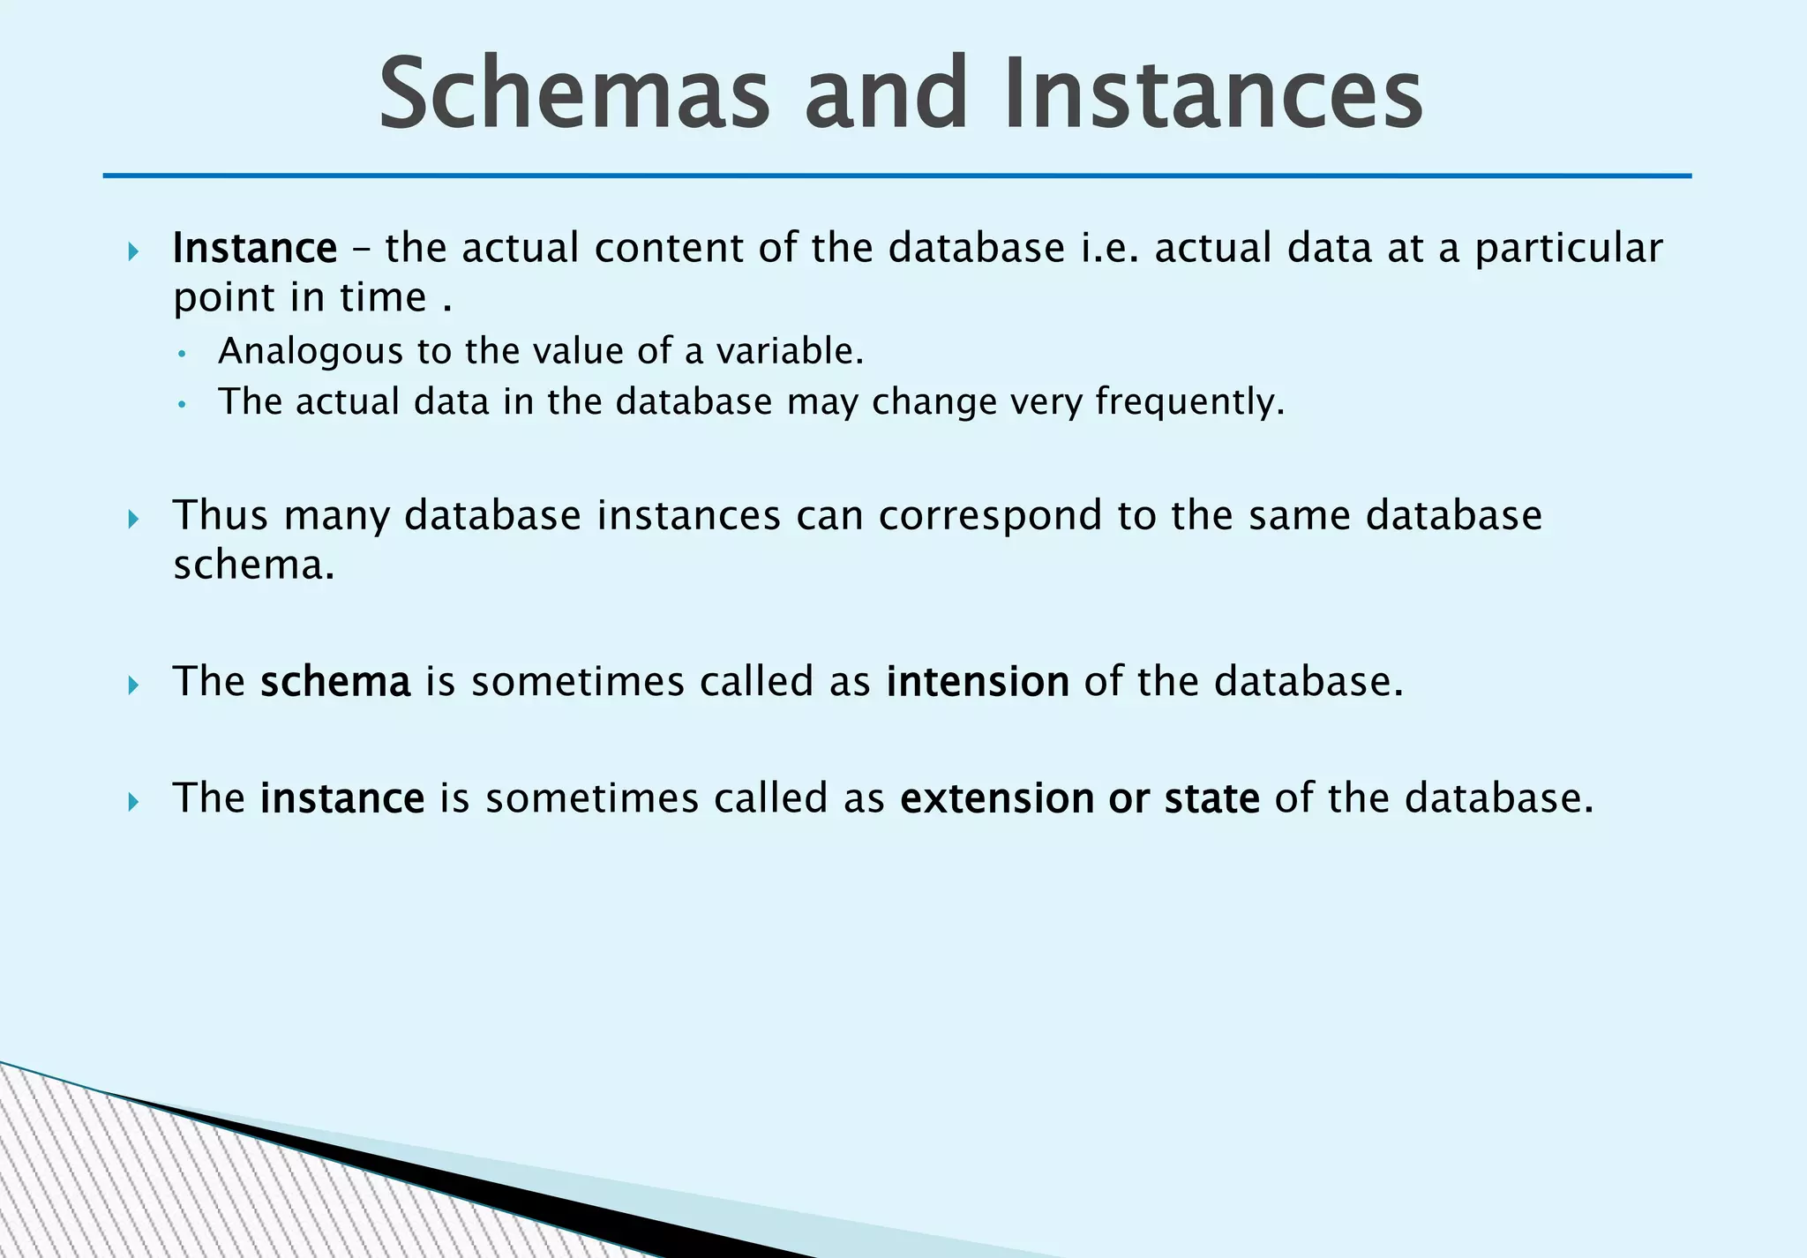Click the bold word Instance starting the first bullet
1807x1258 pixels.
254,249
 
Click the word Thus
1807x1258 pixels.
220,515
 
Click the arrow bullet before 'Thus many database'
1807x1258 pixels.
133,519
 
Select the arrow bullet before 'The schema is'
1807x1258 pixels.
133,685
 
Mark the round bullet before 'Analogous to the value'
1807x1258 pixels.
181,355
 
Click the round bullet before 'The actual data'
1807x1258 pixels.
181,405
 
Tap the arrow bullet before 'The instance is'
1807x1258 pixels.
133,802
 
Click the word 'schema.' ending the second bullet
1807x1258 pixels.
253,565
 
